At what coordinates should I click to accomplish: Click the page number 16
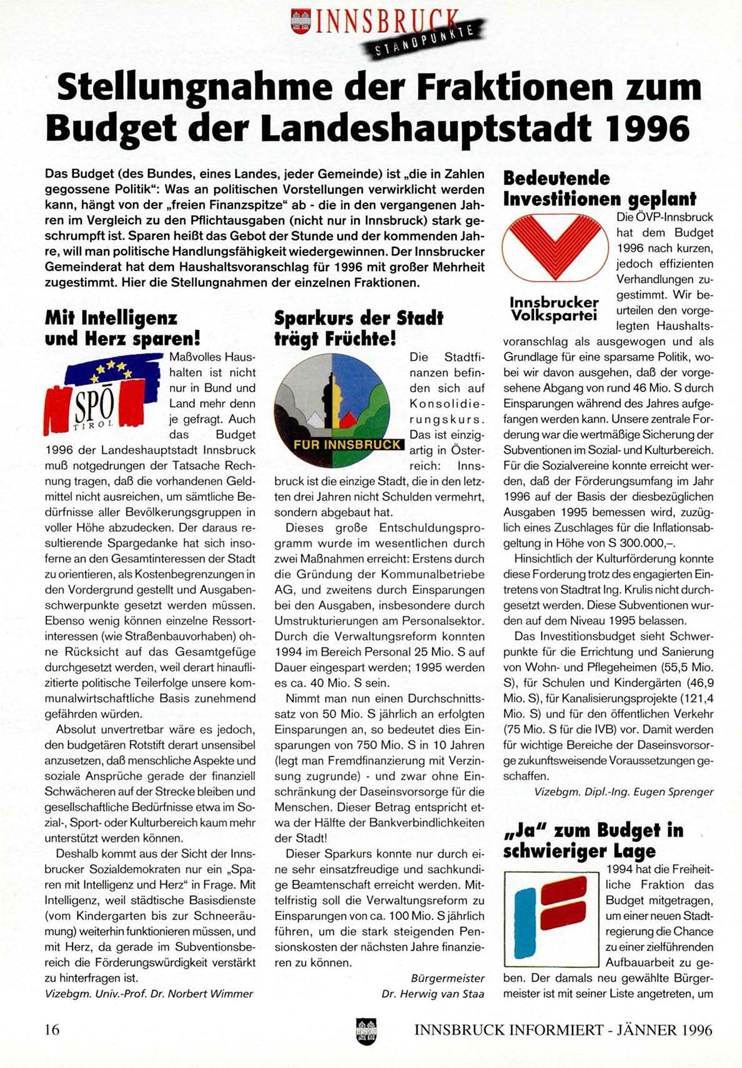[52, 1029]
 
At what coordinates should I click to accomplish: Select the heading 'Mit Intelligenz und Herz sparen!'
[122, 329]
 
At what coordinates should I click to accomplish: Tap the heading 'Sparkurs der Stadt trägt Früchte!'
[359, 329]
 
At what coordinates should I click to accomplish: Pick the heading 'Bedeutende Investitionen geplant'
[599, 189]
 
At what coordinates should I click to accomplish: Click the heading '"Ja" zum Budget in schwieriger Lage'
[593, 840]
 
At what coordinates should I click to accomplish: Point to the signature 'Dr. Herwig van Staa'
[432, 994]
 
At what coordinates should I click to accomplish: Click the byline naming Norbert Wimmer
[149, 994]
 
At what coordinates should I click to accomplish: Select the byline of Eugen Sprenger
[623, 792]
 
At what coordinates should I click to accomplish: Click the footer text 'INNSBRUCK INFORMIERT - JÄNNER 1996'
[563, 1030]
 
